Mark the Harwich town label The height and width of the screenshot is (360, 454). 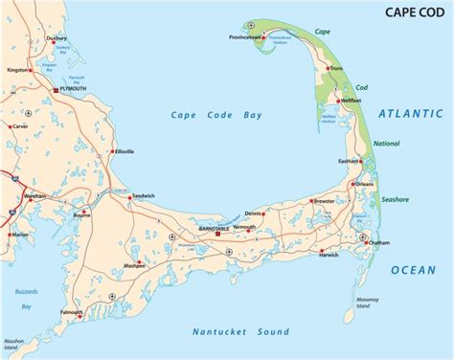[x=329, y=255]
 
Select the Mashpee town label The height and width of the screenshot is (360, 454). [x=134, y=267]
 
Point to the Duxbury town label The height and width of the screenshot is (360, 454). [x=56, y=42]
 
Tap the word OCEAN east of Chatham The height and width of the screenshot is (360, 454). [x=413, y=271]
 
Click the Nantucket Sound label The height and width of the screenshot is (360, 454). [x=239, y=332]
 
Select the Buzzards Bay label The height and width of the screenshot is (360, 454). [x=24, y=298]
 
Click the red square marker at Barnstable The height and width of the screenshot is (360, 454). [x=217, y=232]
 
